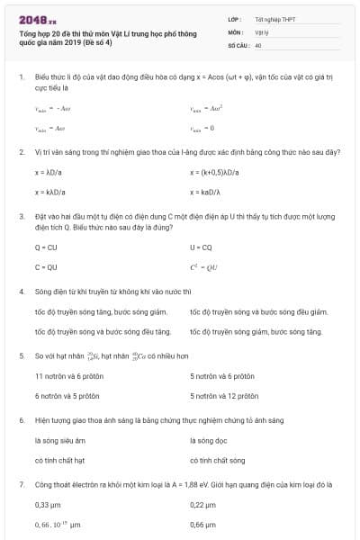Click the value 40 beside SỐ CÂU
[258, 44]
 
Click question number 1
[21, 78]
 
